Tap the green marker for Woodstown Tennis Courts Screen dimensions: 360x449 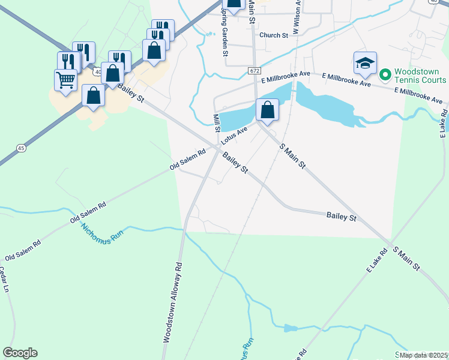tap(385, 75)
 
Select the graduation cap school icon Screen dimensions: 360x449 tap(364, 64)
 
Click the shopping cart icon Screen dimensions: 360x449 tap(65, 79)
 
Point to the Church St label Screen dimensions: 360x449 tap(274, 35)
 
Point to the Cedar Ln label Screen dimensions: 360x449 tap(4, 280)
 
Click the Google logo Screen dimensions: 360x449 tap(20, 353)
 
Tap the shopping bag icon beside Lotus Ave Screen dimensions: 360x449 tap(268, 110)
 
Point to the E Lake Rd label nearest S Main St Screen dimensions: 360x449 tap(376, 260)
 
